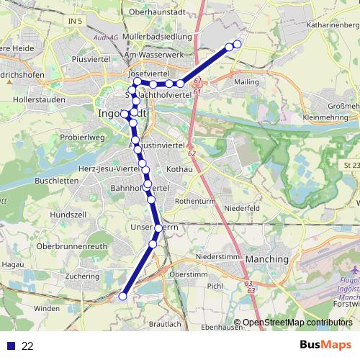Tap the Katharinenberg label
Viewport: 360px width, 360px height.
pos(333,24)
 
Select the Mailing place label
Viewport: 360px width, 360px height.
pos(246,82)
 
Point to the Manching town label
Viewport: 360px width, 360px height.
pos(266,258)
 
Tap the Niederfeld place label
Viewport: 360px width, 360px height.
pos(241,208)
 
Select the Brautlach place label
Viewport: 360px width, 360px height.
pos(164,325)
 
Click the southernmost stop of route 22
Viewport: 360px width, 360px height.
pos(123,296)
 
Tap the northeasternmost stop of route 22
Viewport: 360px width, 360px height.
pos(238,43)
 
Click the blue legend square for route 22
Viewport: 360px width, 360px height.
pos(10,346)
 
